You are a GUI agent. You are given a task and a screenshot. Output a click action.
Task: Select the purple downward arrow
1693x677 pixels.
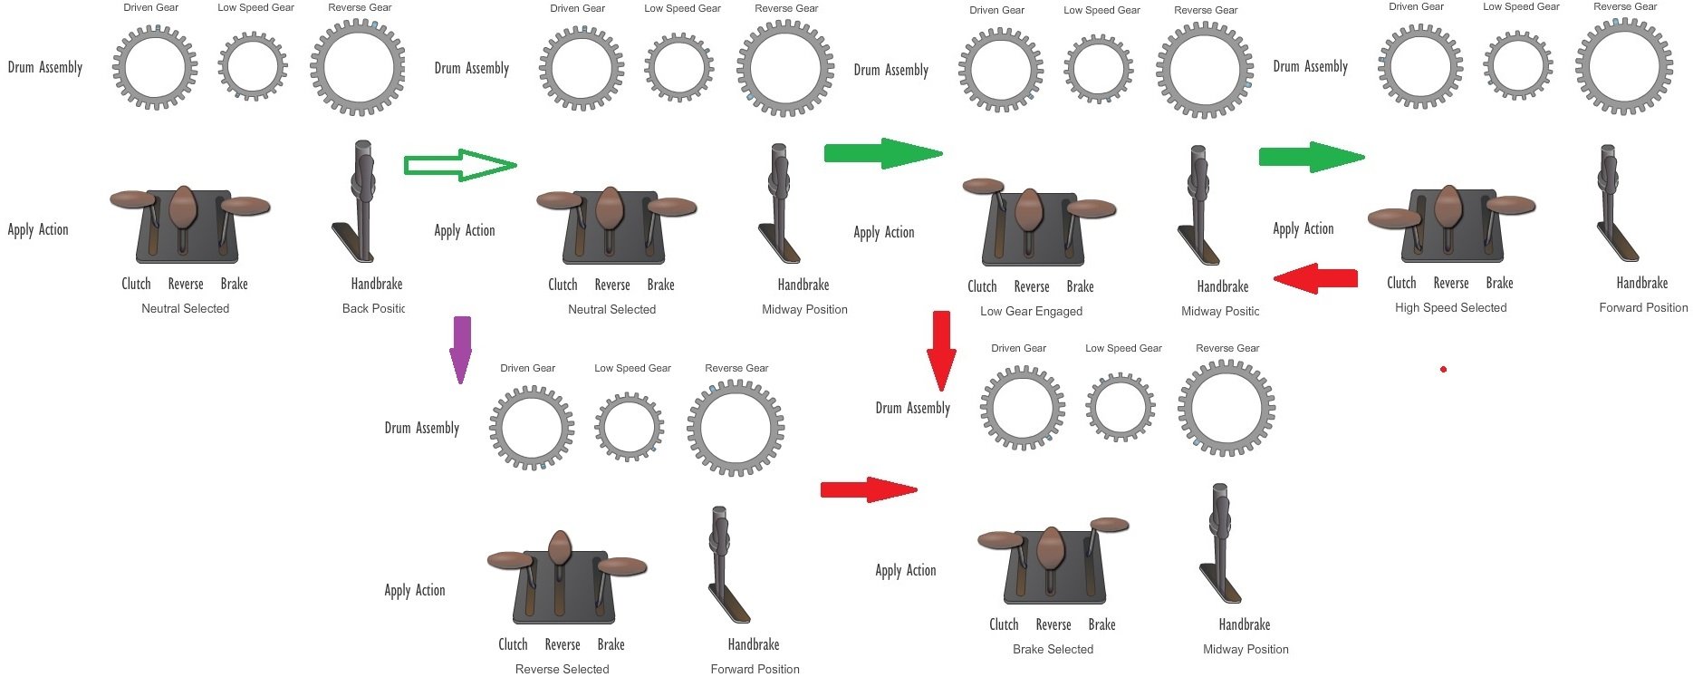(x=461, y=348)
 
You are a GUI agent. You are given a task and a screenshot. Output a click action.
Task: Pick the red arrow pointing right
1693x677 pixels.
(x=868, y=490)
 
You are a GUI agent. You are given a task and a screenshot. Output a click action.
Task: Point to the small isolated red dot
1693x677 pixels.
(x=1443, y=369)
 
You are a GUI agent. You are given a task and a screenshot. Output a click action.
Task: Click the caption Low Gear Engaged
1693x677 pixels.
(x=1031, y=311)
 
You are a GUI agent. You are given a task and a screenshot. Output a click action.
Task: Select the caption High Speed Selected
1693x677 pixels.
(x=1450, y=307)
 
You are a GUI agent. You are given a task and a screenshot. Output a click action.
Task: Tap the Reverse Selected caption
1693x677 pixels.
(x=562, y=669)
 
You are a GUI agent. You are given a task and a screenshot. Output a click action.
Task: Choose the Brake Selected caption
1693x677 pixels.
(x=1053, y=649)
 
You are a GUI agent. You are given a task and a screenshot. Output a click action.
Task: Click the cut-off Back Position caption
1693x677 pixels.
(x=373, y=308)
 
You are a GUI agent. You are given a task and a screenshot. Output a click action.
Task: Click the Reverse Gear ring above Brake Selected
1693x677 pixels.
(x=1226, y=408)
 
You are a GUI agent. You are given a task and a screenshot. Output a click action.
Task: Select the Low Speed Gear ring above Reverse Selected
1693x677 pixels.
(x=630, y=427)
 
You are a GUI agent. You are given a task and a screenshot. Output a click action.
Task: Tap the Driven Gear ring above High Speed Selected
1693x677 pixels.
(x=1419, y=66)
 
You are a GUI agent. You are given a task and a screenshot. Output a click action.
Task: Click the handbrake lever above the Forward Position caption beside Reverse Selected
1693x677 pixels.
(x=720, y=562)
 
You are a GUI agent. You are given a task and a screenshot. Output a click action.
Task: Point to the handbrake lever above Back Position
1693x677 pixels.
(x=362, y=199)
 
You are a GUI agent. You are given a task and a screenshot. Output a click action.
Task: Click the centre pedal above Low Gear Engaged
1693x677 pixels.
(x=1029, y=210)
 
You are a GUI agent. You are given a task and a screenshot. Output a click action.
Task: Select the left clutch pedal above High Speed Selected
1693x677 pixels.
(x=1395, y=218)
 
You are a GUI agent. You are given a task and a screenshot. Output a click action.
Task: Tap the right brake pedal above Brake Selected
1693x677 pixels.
(x=1110, y=525)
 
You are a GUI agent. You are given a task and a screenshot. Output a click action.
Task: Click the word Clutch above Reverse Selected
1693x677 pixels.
(x=513, y=644)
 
